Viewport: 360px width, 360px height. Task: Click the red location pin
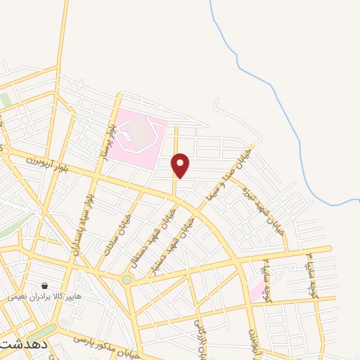[181, 165]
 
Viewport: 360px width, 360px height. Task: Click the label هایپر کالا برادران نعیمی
[45, 297]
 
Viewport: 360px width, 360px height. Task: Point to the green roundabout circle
[127, 279]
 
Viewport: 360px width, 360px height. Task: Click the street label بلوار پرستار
[110, 140]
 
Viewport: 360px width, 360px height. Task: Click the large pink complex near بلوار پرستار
[141, 134]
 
